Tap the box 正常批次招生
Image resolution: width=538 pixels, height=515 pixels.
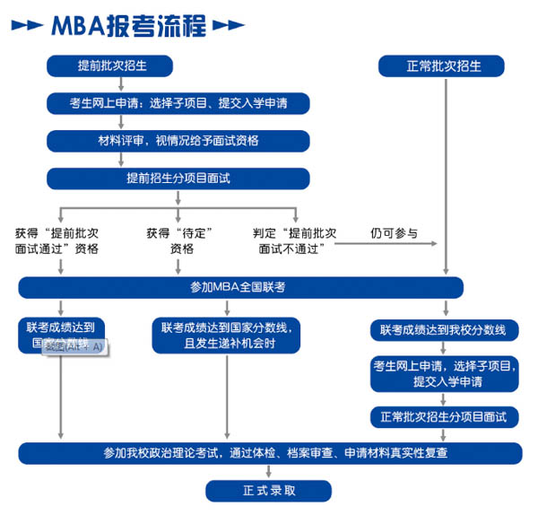[x=442, y=66]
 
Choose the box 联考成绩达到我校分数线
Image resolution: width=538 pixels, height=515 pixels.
[x=443, y=329]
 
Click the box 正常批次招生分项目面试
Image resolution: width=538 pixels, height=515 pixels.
[x=443, y=417]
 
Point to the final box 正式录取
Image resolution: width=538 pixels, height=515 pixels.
[x=268, y=490]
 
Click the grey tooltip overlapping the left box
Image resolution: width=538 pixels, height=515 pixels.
[x=74, y=345]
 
